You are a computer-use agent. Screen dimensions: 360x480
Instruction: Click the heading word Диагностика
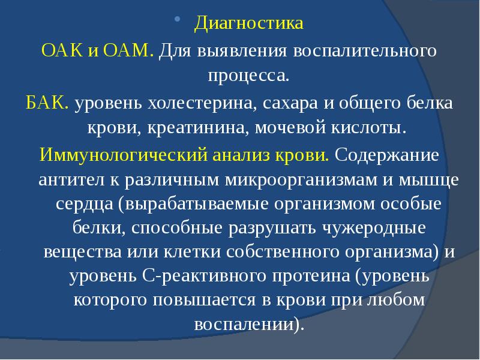tap(248, 25)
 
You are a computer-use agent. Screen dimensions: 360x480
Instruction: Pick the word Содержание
tap(386, 154)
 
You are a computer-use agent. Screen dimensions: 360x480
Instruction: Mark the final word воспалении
tap(245, 324)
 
